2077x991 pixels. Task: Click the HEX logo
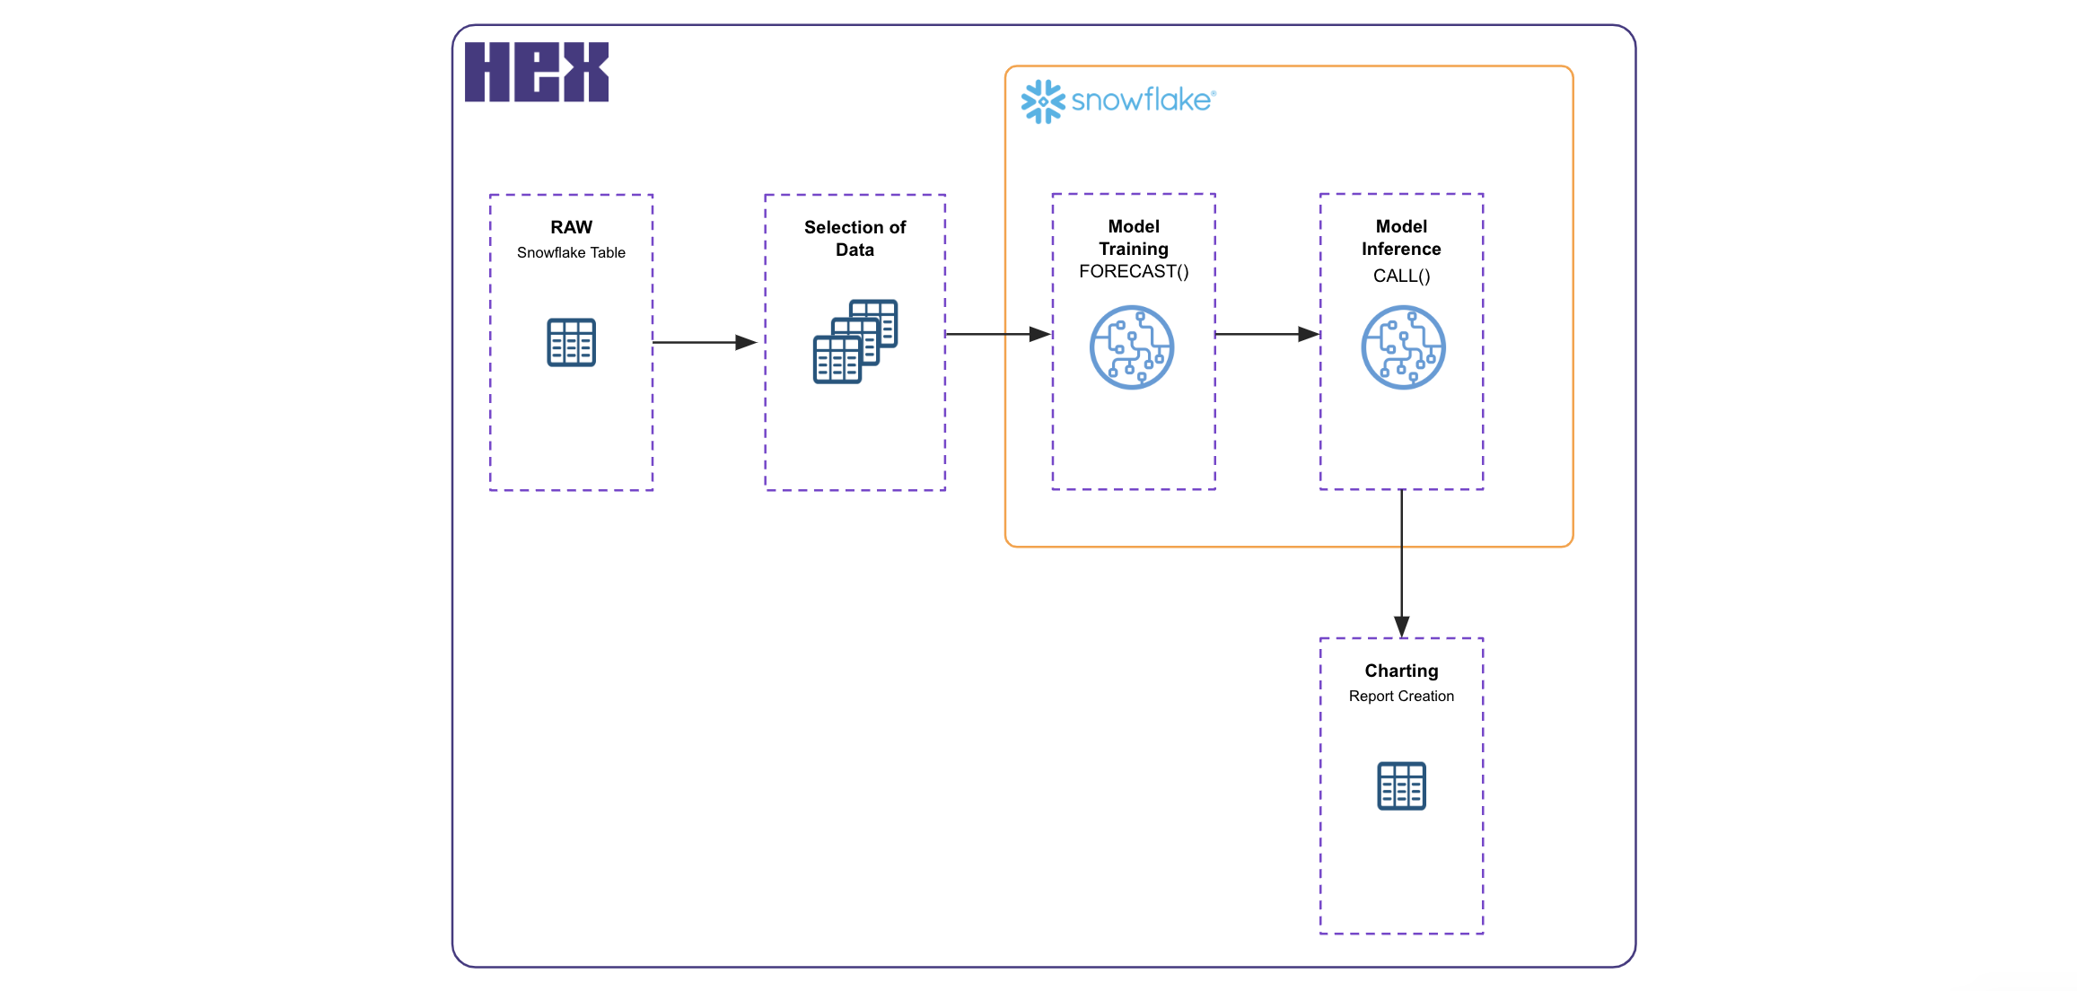(x=536, y=72)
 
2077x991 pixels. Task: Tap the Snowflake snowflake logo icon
(x=1042, y=101)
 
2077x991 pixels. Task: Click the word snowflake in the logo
(x=1142, y=100)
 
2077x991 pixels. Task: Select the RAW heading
(x=571, y=227)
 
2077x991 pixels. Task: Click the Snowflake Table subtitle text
(x=571, y=253)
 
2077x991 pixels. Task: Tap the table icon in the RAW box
(x=571, y=343)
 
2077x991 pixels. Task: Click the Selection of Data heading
(x=854, y=239)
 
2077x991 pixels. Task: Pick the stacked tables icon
(x=854, y=342)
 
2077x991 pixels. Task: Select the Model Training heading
(x=1134, y=238)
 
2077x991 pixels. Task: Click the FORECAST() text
(x=1134, y=272)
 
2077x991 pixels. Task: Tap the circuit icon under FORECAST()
(x=1132, y=347)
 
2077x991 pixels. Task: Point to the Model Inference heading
(x=1401, y=238)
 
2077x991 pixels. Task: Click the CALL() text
(x=1401, y=276)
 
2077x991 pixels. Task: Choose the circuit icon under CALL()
(x=1403, y=347)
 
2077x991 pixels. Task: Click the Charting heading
(x=1401, y=671)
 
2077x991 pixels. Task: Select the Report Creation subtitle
(x=1401, y=697)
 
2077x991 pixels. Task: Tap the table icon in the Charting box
(x=1401, y=786)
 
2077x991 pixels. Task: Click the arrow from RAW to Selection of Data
(x=705, y=342)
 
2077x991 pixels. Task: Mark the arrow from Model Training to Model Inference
(x=1266, y=334)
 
